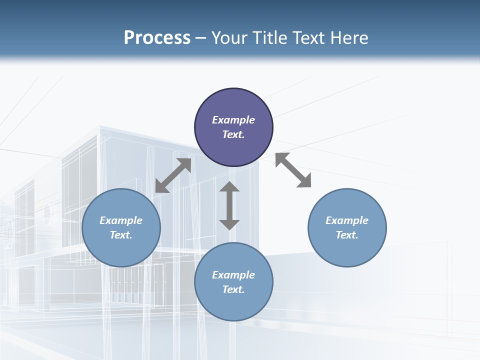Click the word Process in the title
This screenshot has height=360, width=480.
click(x=157, y=38)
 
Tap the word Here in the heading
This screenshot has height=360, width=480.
click(x=349, y=38)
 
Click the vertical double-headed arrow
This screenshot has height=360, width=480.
click(x=229, y=205)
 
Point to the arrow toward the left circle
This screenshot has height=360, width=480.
click(x=173, y=175)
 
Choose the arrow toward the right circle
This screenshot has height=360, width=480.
click(x=293, y=170)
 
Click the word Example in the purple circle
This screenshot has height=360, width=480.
click(x=233, y=120)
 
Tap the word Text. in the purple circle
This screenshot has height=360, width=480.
click(x=233, y=134)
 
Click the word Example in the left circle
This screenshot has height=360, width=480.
click(x=121, y=220)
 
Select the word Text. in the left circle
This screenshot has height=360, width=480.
click(x=121, y=235)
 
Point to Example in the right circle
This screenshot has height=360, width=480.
click(x=347, y=220)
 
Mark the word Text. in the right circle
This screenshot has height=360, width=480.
click(x=347, y=235)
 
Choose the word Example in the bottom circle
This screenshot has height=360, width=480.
click(x=233, y=275)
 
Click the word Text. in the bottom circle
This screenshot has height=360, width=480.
click(x=233, y=289)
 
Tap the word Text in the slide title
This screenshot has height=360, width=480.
click(x=308, y=38)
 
